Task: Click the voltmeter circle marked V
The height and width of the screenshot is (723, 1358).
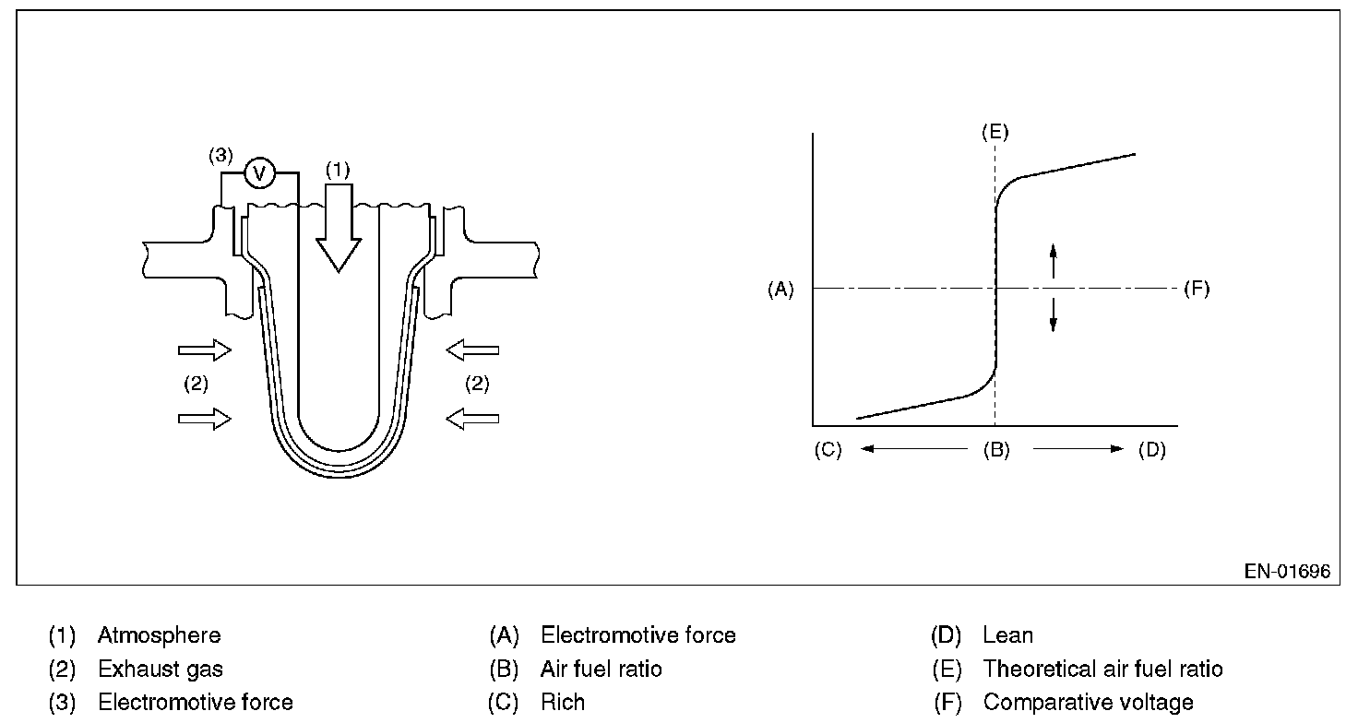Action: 259,172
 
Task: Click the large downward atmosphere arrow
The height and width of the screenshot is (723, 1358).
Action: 338,226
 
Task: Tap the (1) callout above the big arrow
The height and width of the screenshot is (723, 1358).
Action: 338,171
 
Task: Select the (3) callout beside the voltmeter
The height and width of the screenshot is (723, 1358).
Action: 220,155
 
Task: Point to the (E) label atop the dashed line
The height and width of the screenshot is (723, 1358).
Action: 995,132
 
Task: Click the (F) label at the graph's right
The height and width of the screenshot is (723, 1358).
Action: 1196,290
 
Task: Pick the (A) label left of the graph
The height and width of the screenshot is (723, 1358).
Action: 780,290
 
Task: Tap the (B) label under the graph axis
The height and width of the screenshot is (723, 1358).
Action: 995,450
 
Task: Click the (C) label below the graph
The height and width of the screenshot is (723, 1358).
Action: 828,450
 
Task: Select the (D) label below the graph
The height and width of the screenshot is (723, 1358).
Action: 1152,450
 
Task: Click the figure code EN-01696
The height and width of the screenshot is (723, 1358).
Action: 1287,572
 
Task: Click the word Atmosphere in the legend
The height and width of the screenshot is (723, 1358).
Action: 159,635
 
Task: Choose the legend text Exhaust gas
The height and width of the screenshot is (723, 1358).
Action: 161,669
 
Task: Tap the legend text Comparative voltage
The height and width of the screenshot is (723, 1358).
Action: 1088,703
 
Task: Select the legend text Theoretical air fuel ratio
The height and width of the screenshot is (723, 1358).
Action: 1102,669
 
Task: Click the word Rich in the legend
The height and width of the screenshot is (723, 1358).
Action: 563,703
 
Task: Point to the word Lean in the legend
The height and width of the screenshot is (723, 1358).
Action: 1007,635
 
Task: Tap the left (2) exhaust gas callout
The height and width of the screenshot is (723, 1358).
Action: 196,385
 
